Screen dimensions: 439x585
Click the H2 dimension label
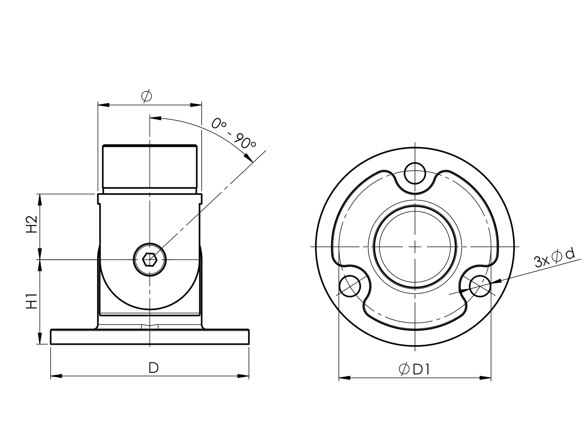tap(32, 224)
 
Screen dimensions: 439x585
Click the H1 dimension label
tap(32, 301)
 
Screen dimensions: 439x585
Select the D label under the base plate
tap(153, 368)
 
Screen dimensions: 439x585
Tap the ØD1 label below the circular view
tap(415, 369)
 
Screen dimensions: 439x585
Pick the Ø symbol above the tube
tap(147, 96)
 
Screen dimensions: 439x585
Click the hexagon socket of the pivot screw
tap(150, 259)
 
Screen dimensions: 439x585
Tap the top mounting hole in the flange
tap(415, 173)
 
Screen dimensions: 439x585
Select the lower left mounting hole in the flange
tap(350, 286)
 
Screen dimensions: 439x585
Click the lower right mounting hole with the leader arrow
tap(480, 286)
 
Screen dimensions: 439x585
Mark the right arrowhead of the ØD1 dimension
tap(485, 378)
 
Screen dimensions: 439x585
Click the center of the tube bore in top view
tap(415, 246)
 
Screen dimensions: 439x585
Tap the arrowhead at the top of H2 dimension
tap(40, 199)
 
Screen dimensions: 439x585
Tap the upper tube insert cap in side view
tap(150, 167)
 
